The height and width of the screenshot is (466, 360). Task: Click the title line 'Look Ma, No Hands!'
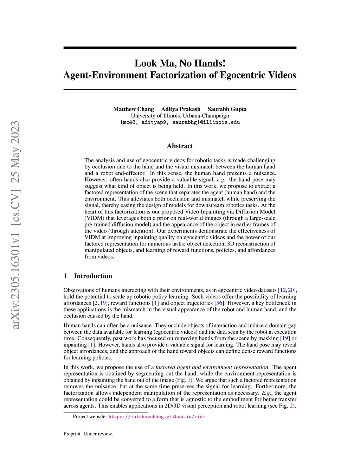click(180, 63)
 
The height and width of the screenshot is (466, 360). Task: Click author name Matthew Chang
click(134, 109)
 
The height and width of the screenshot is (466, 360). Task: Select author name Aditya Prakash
click(181, 109)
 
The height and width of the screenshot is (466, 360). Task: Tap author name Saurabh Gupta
click(227, 109)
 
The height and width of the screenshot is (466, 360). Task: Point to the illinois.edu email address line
click(180, 122)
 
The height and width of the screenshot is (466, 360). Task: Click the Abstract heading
click(180, 146)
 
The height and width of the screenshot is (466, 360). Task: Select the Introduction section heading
click(93, 276)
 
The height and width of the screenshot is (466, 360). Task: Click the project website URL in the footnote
click(157, 417)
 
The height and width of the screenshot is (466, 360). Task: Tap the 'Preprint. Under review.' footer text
click(88, 434)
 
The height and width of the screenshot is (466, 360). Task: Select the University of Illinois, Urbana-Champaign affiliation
click(180, 116)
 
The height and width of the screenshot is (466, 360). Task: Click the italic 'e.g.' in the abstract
click(221, 180)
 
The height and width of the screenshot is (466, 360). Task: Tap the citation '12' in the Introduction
click(282, 290)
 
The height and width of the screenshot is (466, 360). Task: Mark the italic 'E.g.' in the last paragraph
click(266, 393)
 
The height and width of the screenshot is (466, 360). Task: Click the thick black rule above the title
click(180, 48)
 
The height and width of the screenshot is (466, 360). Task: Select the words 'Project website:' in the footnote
click(90, 417)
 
